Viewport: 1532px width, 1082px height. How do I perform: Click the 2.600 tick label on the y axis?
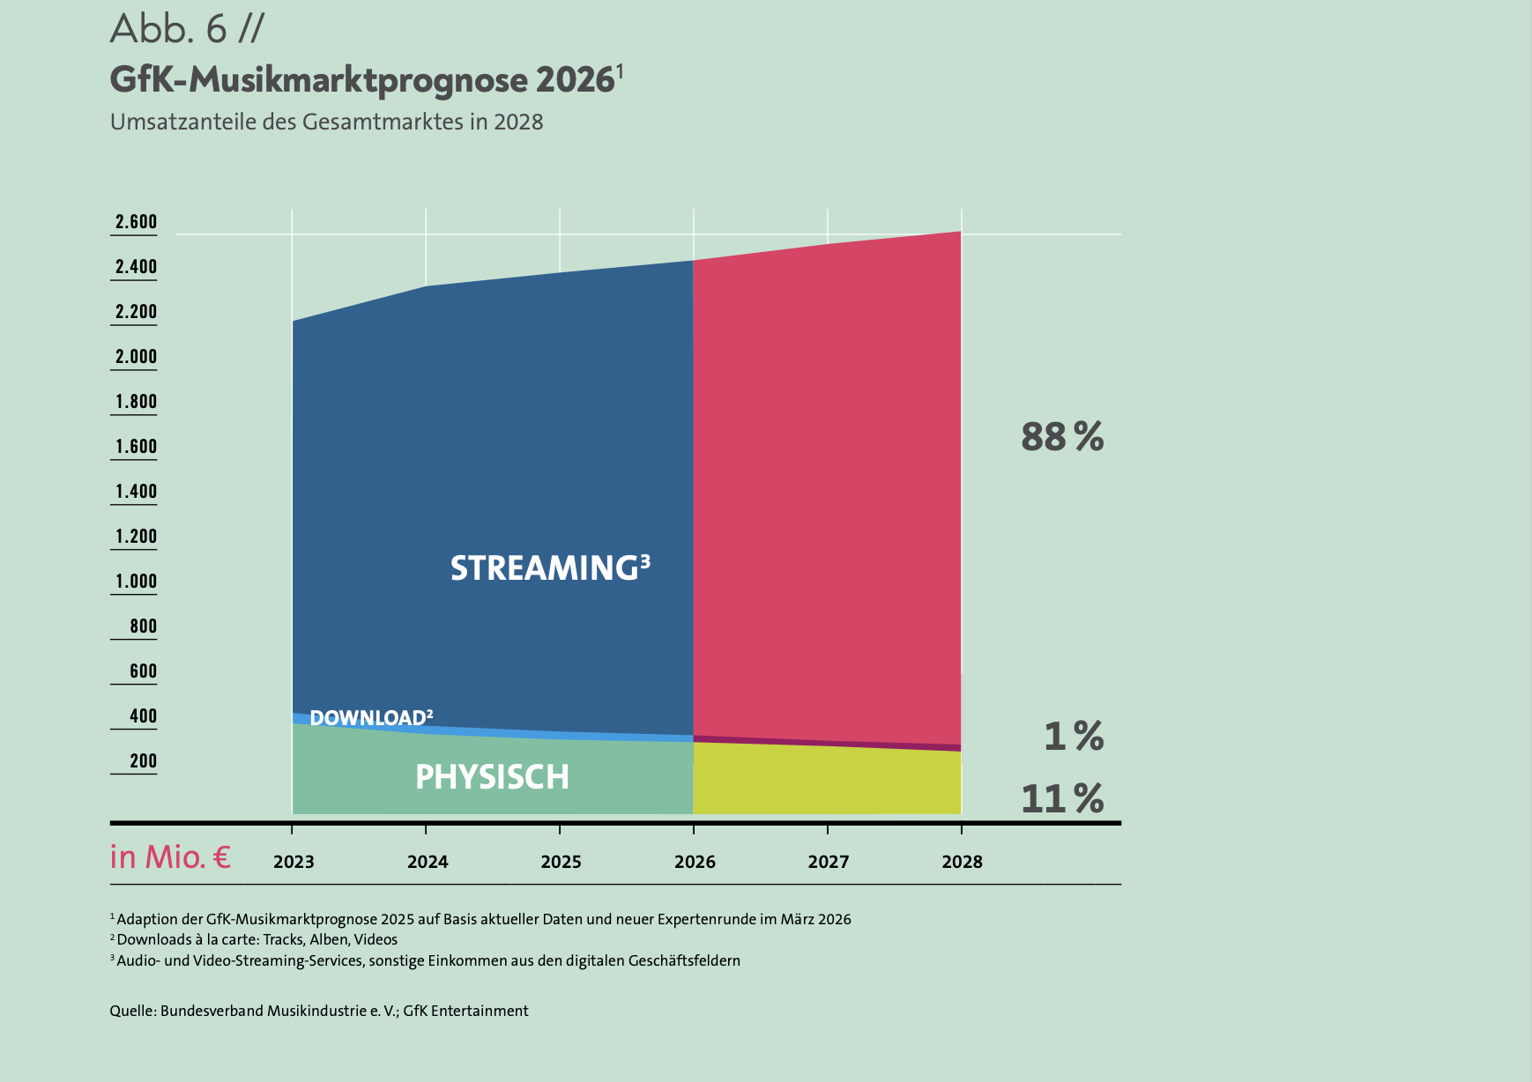coord(136,222)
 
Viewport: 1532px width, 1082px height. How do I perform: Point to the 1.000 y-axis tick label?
coord(136,582)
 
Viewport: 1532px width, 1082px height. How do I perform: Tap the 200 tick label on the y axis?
coord(144,761)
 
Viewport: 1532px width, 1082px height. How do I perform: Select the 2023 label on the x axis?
coord(294,862)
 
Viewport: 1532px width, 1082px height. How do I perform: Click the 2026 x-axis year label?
coord(695,862)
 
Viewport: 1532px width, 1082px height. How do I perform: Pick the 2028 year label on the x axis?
coord(962,862)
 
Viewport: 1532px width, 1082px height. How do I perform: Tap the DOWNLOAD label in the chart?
coord(371,717)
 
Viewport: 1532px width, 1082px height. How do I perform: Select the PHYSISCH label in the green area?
coord(492,777)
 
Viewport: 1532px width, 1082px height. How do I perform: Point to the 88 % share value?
coord(1062,437)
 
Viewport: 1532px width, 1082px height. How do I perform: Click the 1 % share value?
coord(1074,736)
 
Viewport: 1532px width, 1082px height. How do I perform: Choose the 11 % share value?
coord(1062,799)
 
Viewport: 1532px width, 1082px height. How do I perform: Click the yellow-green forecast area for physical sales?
coord(827,781)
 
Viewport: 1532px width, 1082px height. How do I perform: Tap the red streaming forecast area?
coord(827,493)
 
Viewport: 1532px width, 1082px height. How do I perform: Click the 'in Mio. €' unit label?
coord(170,857)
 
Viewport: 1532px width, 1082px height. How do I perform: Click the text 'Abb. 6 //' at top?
coord(187,29)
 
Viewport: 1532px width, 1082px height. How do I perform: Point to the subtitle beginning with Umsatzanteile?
coord(326,122)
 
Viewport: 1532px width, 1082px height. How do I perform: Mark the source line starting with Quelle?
coord(319,1011)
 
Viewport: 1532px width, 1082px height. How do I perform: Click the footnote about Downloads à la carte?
coord(254,939)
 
